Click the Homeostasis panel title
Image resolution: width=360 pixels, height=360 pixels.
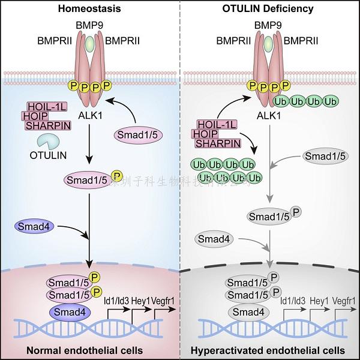pos(89,8)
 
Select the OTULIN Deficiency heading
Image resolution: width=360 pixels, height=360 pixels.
pos(270,8)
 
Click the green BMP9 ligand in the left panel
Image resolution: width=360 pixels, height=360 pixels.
pos(89,46)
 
